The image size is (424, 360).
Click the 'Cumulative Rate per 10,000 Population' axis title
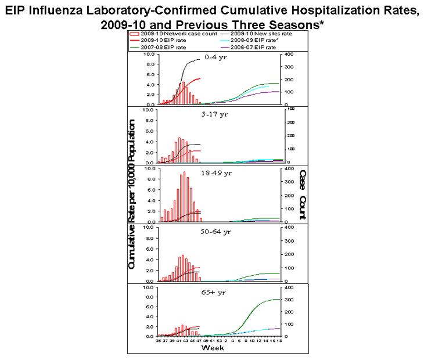pos(132,195)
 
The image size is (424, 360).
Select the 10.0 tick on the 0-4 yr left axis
pos(149,54)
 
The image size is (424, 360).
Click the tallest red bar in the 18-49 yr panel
pos(184,197)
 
